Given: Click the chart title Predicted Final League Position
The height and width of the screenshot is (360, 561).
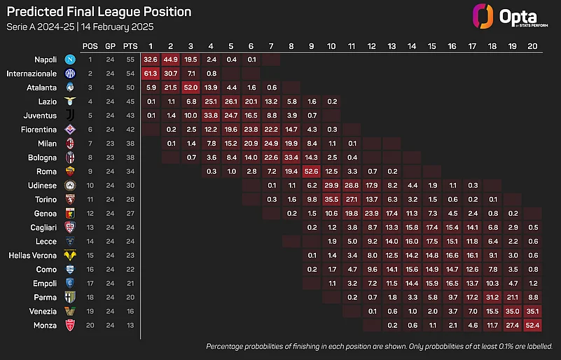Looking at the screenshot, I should [98, 12].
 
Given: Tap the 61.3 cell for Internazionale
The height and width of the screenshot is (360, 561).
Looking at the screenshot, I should [151, 73].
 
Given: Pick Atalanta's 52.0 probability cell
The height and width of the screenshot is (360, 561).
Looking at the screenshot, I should [191, 87].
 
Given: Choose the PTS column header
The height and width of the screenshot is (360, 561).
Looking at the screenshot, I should [130, 46].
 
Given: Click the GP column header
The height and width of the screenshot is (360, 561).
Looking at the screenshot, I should [111, 46].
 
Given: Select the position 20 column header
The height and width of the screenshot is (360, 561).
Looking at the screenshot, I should [532, 46].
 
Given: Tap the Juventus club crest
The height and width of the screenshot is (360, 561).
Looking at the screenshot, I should [70, 115].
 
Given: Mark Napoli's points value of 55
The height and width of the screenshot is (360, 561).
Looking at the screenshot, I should [130, 60].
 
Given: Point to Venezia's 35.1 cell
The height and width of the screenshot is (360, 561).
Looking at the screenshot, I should [532, 310].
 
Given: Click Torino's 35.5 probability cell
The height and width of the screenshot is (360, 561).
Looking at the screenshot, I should [332, 198].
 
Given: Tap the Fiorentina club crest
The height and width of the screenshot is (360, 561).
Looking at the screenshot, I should [70, 129].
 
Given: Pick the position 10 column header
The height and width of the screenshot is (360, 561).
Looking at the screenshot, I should [331, 46].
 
